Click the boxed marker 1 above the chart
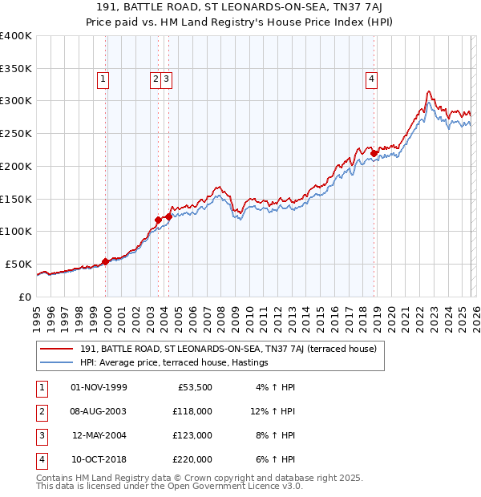[104, 79]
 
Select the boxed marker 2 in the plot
[155, 79]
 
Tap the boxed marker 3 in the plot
[165, 79]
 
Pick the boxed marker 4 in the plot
[372, 79]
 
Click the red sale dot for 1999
[105, 261]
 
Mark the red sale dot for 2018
[374, 153]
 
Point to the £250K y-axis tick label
[16, 134]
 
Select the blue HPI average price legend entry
[173, 363]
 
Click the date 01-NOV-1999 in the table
[99, 387]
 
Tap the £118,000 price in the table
[193, 411]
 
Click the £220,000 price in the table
[193, 459]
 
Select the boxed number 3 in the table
[41, 435]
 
